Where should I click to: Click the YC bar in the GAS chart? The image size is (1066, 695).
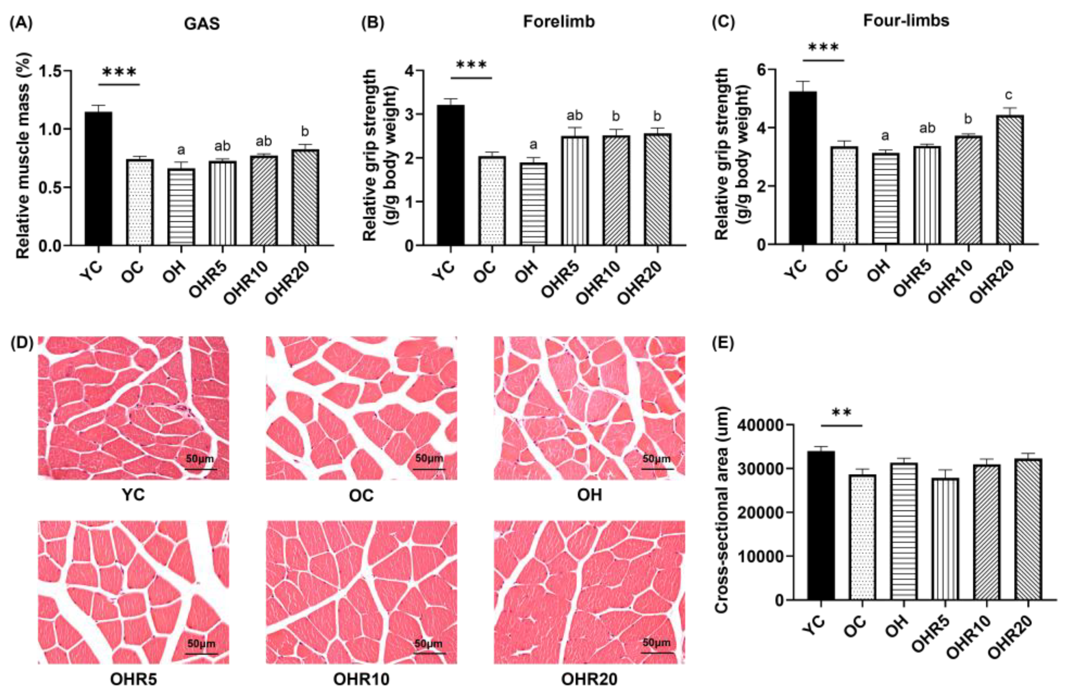click(99, 178)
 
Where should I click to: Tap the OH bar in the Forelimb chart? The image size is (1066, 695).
click(533, 204)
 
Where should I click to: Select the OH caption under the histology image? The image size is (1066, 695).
click(589, 495)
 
